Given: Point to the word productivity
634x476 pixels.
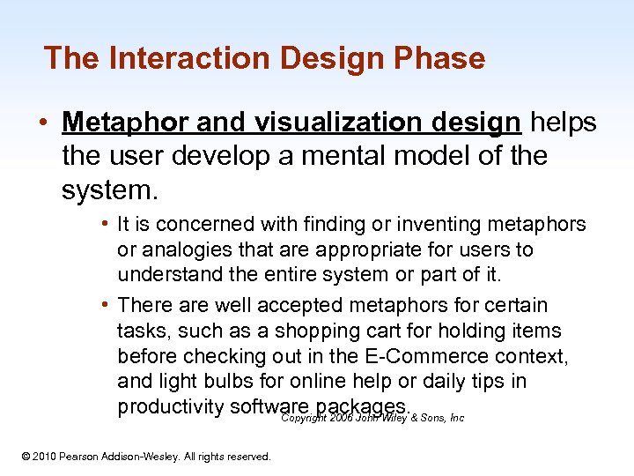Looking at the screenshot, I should [x=170, y=406].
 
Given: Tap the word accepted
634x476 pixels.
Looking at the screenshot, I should [x=298, y=305].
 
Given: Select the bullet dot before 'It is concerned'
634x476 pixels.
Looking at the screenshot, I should [x=105, y=225].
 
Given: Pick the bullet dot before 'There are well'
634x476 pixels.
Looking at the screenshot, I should [x=105, y=305].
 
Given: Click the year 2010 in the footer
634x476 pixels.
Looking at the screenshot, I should [x=45, y=457].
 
